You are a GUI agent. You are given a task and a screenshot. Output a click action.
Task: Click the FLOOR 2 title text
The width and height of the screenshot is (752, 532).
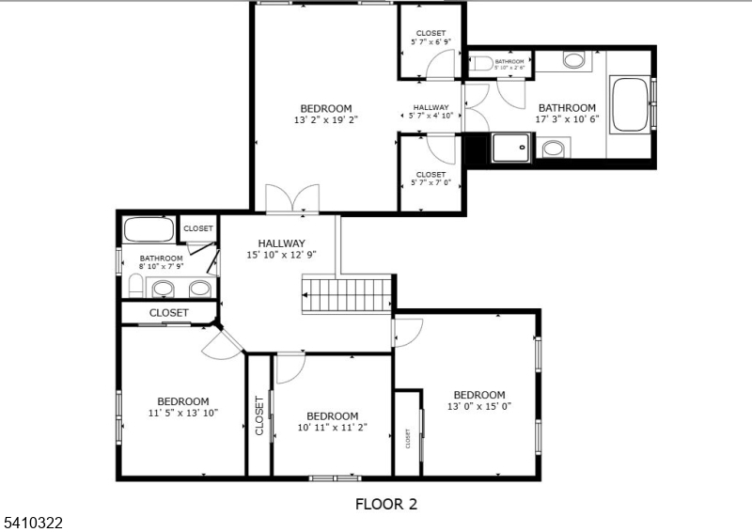pos(385,504)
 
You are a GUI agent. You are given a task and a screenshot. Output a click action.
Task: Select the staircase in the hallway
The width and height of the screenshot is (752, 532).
pos(345,294)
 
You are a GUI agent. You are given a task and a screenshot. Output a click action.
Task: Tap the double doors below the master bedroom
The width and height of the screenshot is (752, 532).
pos(293,198)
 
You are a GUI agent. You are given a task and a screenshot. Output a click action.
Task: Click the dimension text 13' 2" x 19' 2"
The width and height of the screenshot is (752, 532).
pos(326,119)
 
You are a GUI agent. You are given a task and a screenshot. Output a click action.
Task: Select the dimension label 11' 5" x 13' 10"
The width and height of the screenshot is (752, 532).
pos(183,413)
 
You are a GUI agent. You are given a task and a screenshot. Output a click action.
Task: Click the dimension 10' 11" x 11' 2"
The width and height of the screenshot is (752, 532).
pos(332,427)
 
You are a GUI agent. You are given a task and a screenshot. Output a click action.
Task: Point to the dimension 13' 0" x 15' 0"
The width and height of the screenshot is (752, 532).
pos(479,406)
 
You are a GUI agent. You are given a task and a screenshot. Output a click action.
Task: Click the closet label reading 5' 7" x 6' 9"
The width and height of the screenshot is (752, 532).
pos(431,41)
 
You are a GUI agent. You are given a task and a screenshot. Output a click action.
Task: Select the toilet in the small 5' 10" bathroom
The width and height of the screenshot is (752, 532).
pos(482,63)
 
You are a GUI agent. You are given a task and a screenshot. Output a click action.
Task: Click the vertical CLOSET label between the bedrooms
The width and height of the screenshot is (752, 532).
pos(259,415)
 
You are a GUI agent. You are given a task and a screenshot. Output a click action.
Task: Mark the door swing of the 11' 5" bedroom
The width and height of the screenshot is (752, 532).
pos(222,345)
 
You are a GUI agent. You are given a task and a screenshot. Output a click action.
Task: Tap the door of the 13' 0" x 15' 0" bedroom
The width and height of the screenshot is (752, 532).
pos(408,332)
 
